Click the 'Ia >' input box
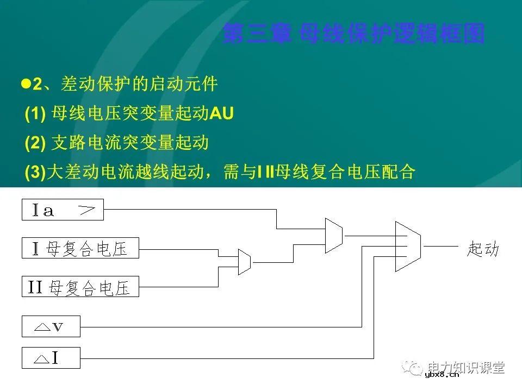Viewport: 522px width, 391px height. (63, 210)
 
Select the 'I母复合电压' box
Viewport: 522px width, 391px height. (80, 248)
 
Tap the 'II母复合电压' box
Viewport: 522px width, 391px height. (80, 286)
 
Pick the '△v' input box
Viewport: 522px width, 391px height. (51, 326)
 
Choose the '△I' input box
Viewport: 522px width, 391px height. (51, 358)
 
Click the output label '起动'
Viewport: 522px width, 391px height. (482, 249)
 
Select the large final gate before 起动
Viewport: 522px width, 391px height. (408, 246)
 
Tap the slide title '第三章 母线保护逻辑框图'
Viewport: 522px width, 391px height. (353, 34)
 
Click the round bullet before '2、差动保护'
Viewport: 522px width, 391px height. (24, 84)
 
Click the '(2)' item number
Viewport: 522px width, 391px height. (35, 143)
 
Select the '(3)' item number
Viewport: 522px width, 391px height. (35, 172)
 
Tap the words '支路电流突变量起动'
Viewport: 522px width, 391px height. (129, 143)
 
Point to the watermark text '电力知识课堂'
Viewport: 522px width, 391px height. (466, 367)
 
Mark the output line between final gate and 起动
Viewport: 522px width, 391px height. (440, 246)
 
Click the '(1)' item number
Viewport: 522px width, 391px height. (35, 113)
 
